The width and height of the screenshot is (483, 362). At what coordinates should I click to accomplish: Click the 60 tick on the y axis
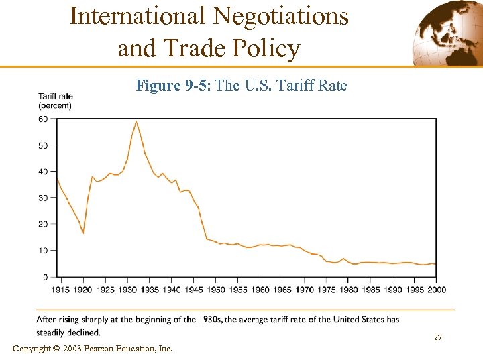pyautogui.click(x=43, y=119)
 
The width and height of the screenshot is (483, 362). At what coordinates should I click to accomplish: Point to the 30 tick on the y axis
pyautogui.click(x=43, y=198)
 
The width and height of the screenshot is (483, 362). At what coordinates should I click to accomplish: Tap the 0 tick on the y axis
pyautogui.click(x=45, y=277)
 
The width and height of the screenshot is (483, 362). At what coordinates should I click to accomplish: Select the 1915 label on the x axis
pyautogui.click(x=61, y=290)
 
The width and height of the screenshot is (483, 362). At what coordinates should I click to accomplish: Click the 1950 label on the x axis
pyautogui.click(x=215, y=290)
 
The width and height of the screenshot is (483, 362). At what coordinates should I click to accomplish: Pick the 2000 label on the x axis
pyautogui.click(x=436, y=290)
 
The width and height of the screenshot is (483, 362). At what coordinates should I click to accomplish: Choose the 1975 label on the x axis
pyautogui.click(x=326, y=290)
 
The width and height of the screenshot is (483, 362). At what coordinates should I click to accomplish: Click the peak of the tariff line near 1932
pyautogui.click(x=136, y=121)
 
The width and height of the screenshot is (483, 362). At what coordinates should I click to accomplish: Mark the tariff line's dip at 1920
pyautogui.click(x=83, y=233)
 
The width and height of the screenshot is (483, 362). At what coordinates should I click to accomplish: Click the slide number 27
pyautogui.click(x=437, y=337)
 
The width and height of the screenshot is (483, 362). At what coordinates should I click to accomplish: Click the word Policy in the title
pyautogui.click(x=267, y=48)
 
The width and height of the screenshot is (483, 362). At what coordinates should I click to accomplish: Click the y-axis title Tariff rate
pyautogui.click(x=56, y=96)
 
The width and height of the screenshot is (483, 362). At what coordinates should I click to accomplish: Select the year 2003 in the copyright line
pyautogui.click(x=74, y=348)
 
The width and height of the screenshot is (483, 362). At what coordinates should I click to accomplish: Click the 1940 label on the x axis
pyautogui.click(x=171, y=290)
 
